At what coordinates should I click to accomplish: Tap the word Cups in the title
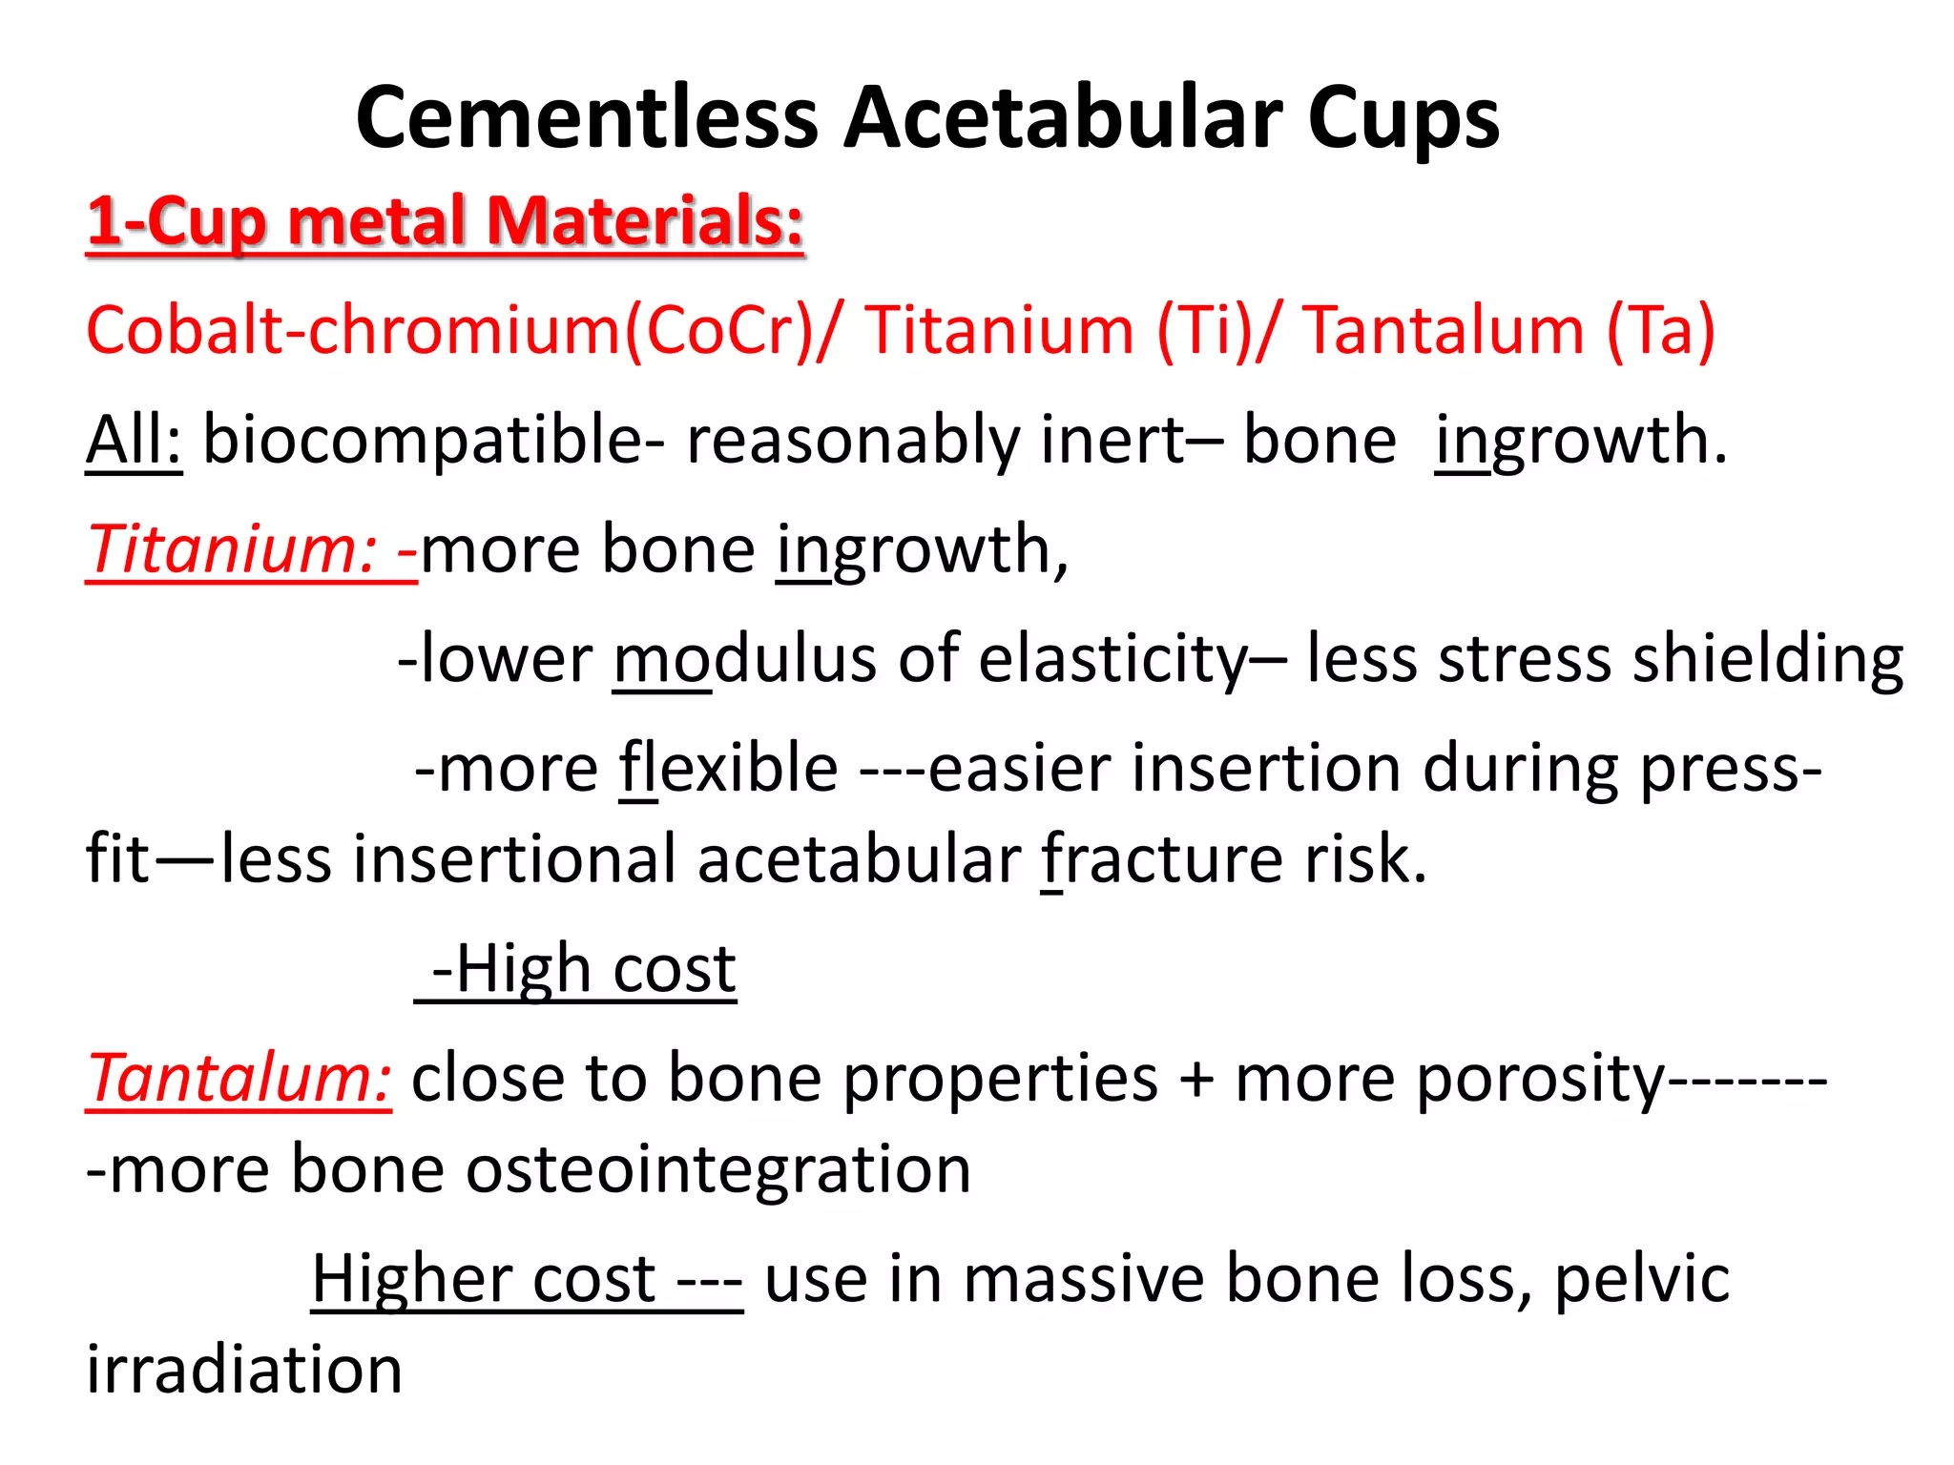click(x=1403, y=120)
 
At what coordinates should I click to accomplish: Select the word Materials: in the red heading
click(x=645, y=221)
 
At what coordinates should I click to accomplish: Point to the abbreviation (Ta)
click(x=1661, y=330)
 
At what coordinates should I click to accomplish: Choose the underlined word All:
click(x=134, y=441)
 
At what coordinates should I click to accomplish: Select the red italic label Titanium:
click(x=235, y=550)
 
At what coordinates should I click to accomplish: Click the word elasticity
click(x=1112, y=660)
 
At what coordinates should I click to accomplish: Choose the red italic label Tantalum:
click(x=239, y=1079)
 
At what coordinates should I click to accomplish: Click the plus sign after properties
click(x=1196, y=1081)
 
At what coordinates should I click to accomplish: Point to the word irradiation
click(x=244, y=1370)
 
